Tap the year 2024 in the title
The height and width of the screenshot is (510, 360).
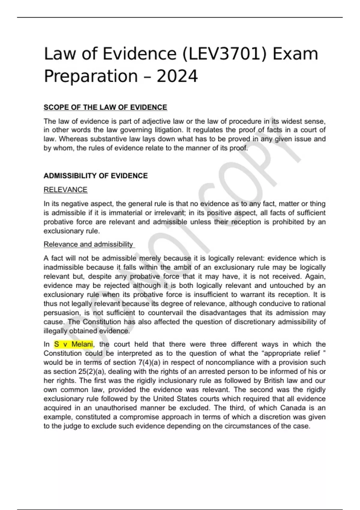pyautogui.click(x=177, y=76)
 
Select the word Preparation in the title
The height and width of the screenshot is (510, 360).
pyautogui.click(x=91, y=76)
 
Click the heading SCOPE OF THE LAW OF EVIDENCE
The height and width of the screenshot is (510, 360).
pyautogui.click(x=105, y=107)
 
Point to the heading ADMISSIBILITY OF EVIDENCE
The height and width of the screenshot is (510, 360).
pyautogui.click(x=96, y=176)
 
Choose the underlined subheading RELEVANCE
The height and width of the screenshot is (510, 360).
pyautogui.click(x=65, y=190)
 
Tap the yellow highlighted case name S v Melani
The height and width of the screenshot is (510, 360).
pyautogui.click(x=73, y=344)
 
